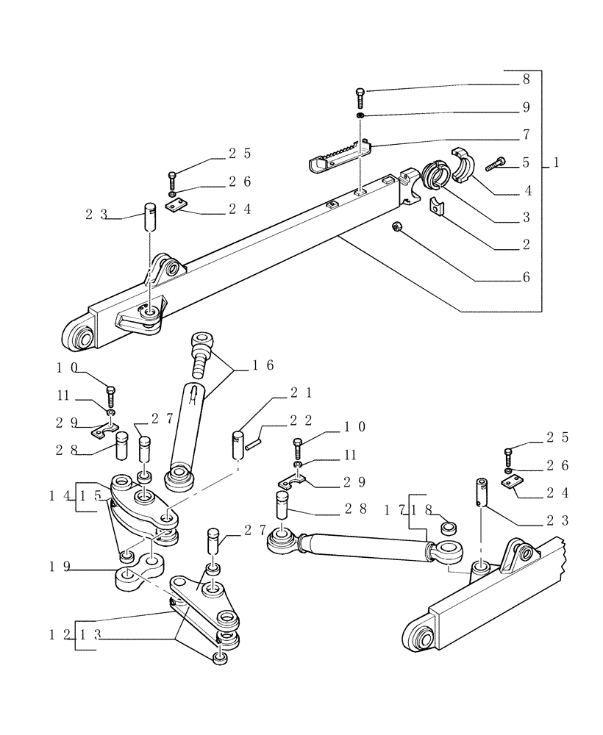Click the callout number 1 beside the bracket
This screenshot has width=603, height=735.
click(x=557, y=163)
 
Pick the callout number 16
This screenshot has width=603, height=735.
click(x=263, y=365)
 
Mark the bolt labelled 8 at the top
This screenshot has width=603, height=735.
click(x=360, y=94)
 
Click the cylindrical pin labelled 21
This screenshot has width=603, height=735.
click(x=238, y=445)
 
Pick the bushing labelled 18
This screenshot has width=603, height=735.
click(x=447, y=528)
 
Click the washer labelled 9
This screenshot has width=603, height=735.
click(x=360, y=116)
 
